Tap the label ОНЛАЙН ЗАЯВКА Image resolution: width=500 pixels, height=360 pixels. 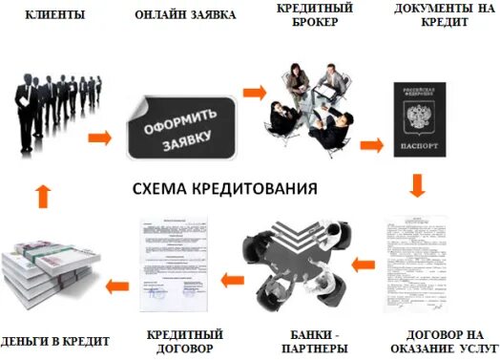(x=186, y=16)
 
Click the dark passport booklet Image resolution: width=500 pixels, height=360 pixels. (x=420, y=119)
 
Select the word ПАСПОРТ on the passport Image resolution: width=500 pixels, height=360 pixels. (x=420, y=148)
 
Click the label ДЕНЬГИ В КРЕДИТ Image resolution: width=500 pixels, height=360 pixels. (x=55, y=341)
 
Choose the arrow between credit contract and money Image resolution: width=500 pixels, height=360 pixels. (x=116, y=284)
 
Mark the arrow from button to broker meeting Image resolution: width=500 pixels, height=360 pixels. (x=253, y=93)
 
